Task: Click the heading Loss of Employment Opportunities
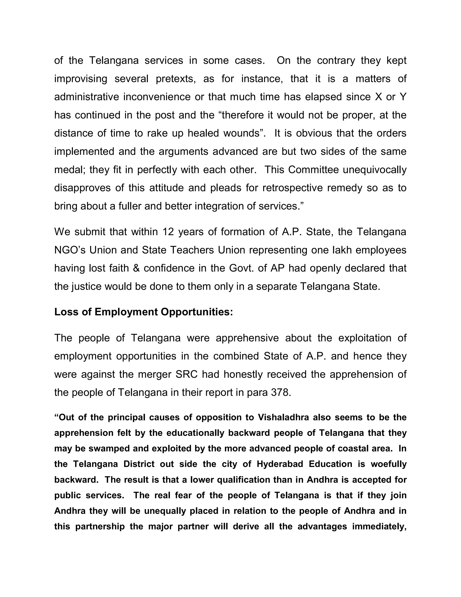pyautogui.click(x=143, y=312)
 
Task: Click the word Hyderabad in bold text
pyautogui.click(x=280, y=464)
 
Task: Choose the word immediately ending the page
pyautogui.click(x=379, y=526)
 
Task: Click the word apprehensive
pyautogui.click(x=247, y=338)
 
